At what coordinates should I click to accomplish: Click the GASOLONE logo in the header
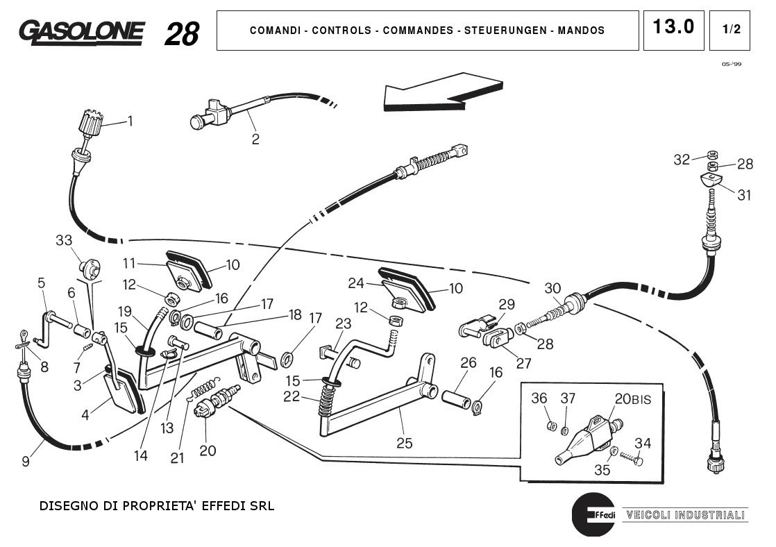pyautogui.click(x=82, y=31)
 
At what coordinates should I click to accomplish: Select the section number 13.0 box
pyautogui.click(x=673, y=28)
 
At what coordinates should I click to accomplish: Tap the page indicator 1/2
pyautogui.click(x=731, y=30)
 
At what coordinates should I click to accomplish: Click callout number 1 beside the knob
pyautogui.click(x=130, y=121)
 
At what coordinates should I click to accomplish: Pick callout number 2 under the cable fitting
pyautogui.click(x=255, y=139)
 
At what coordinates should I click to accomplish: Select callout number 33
pyautogui.click(x=64, y=240)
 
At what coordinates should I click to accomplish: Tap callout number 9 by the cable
pyautogui.click(x=26, y=460)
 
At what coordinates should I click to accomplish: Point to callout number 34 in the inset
pyautogui.click(x=643, y=443)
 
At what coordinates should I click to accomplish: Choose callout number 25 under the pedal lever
pyautogui.click(x=404, y=442)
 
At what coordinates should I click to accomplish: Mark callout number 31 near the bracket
pyautogui.click(x=743, y=195)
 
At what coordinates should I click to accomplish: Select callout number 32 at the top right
pyautogui.click(x=682, y=160)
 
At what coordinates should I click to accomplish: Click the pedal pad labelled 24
pyautogui.click(x=403, y=287)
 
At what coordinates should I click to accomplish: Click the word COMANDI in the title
pyautogui.click(x=275, y=31)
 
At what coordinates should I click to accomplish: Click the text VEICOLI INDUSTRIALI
pyautogui.click(x=685, y=515)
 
